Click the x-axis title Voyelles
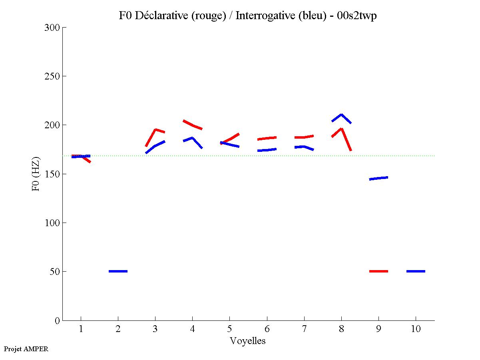tap(248, 341)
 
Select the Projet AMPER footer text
tap(26, 349)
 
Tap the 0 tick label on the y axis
tap(58, 320)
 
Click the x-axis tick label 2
tap(118, 329)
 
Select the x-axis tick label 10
tap(416, 329)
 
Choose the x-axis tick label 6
tap(267, 329)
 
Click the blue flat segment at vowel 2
tap(118, 271)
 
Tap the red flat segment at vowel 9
tap(378, 271)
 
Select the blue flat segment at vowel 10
tap(416, 271)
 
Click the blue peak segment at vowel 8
tap(341, 115)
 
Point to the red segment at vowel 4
tap(193, 125)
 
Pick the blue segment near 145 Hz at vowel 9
tap(378, 178)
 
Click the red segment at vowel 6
tap(267, 138)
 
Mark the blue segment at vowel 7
tap(304, 147)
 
